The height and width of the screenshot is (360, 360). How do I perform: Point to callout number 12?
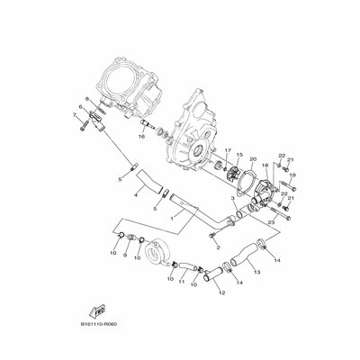click(222, 293)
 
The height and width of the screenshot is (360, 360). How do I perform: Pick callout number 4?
click(136, 195)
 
